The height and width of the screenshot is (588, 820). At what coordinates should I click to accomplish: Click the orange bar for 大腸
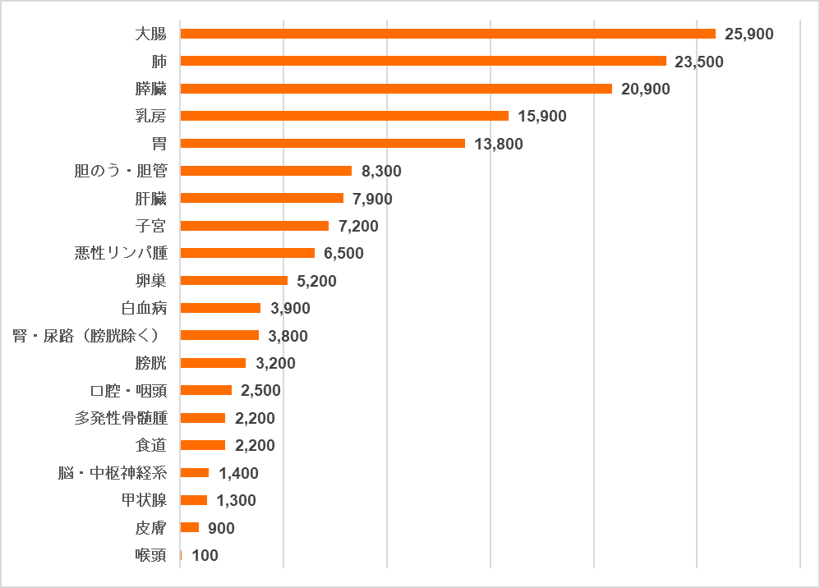448,34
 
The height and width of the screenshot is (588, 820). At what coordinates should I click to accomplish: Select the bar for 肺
423,61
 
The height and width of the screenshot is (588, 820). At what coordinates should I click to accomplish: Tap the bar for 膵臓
396,89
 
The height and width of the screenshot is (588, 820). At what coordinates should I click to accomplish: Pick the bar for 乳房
344,116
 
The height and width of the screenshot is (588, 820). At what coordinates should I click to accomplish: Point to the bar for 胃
322,144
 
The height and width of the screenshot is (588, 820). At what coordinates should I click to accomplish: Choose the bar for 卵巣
233,281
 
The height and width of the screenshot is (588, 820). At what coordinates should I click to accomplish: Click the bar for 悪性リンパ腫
247,253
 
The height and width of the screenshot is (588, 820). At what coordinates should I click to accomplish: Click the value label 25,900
749,34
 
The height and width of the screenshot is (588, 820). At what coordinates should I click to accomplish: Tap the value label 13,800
498,144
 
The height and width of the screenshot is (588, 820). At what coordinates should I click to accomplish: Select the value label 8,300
381,171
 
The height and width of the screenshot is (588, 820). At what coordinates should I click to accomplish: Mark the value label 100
205,556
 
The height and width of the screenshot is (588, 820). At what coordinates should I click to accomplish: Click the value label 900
221,528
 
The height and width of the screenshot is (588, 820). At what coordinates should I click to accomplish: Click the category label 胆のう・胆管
121,171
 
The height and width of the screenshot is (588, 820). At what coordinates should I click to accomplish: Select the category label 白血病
144,308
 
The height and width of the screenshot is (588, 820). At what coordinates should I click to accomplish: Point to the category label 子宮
151,226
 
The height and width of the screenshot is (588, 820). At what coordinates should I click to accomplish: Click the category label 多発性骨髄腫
121,418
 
